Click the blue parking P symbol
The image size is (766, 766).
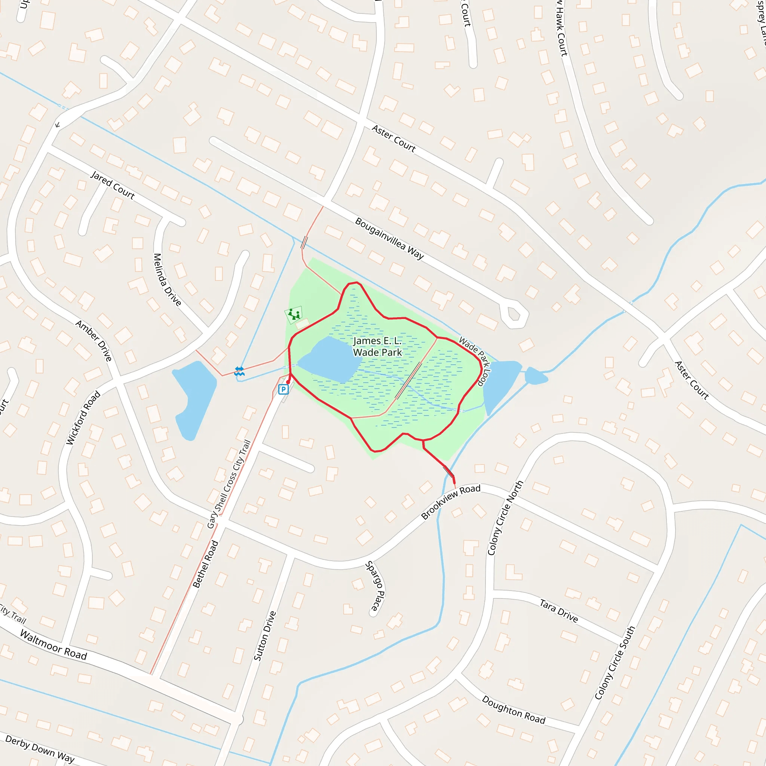point(283,389)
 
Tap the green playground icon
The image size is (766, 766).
point(294,315)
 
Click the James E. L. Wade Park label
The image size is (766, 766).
point(377,346)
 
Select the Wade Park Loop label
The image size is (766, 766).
point(475,361)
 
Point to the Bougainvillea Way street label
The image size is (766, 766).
point(389,239)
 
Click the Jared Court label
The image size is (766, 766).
point(113,185)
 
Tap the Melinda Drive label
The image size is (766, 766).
point(167,279)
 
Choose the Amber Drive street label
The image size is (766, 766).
point(94,341)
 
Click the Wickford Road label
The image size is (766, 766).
point(83,417)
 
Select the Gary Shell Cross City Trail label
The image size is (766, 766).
point(229,484)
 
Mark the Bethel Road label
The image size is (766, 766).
point(205,564)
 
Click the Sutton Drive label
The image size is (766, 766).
point(265,636)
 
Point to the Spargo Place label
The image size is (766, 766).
point(375,586)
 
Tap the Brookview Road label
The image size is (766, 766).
point(451,502)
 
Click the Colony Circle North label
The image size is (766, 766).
point(506,518)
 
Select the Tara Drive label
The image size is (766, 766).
point(559,610)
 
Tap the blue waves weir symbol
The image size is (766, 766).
point(239,371)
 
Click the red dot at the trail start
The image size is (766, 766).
point(288,382)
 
